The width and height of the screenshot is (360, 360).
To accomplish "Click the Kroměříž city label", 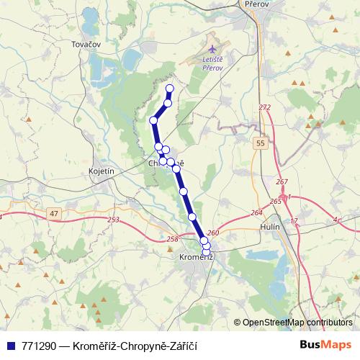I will click(x=194, y=257).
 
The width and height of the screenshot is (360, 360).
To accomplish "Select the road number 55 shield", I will click(x=260, y=145).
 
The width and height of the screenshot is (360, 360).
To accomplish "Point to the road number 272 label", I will click(x=265, y=107).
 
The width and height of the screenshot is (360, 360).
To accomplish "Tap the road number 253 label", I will click(x=113, y=220).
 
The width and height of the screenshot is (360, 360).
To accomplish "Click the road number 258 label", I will click(x=171, y=240).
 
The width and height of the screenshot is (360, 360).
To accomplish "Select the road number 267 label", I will click(x=282, y=181).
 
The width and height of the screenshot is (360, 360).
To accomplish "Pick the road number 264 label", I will click(x=256, y=213).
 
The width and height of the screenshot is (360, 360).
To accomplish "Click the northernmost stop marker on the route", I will click(x=170, y=89).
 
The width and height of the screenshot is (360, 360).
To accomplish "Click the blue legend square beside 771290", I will click(x=9, y=344).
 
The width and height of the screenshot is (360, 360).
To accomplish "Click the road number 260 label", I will click(x=212, y=233).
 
